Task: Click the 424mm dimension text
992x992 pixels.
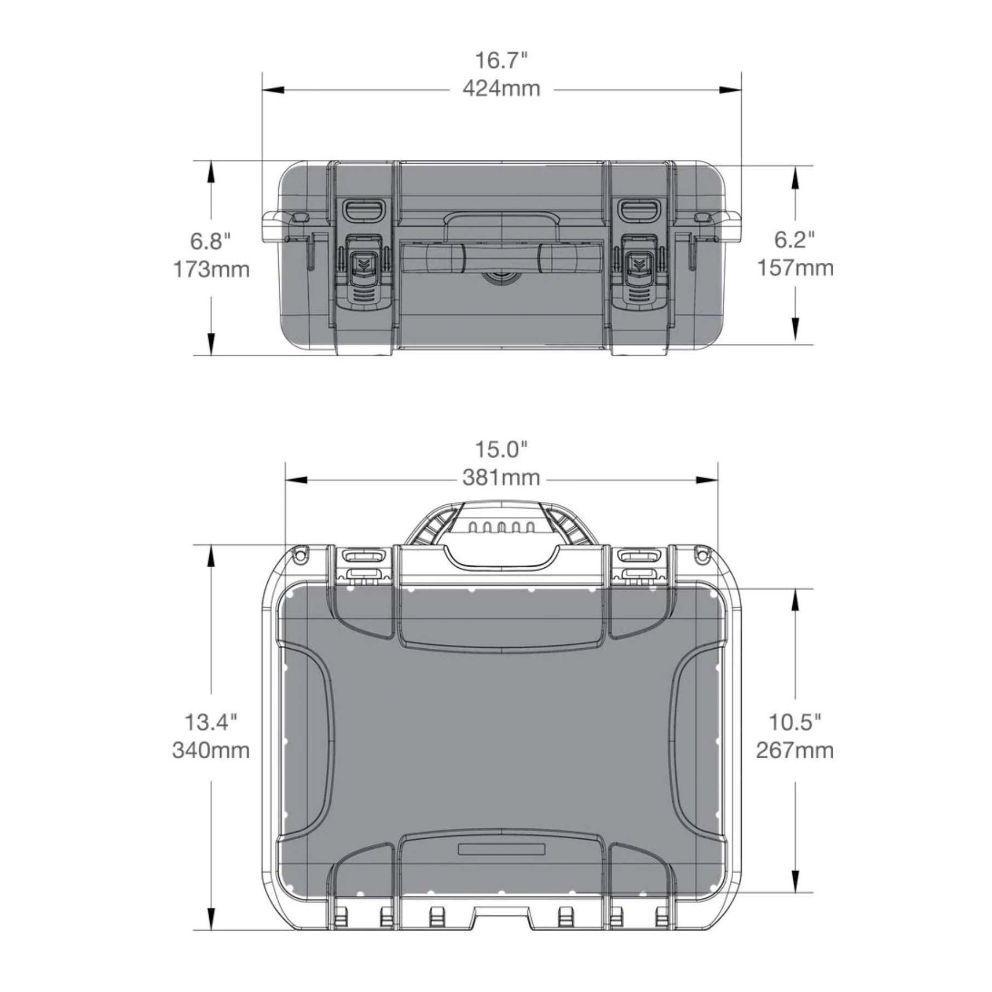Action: (501, 89)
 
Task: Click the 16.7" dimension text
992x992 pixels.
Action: (501, 60)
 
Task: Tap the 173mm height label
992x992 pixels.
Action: (211, 269)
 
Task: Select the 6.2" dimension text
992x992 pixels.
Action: (794, 240)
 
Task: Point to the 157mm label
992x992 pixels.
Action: (795, 268)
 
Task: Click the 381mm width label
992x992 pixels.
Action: (501, 478)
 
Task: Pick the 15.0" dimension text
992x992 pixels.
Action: (501, 449)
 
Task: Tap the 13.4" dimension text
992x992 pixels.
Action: (211, 722)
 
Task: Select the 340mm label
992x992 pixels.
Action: (211, 750)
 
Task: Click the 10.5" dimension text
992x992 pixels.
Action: (795, 722)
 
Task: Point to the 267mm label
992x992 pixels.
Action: (795, 750)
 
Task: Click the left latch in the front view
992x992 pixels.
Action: (363, 268)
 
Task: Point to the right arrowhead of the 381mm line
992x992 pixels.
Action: (708, 480)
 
